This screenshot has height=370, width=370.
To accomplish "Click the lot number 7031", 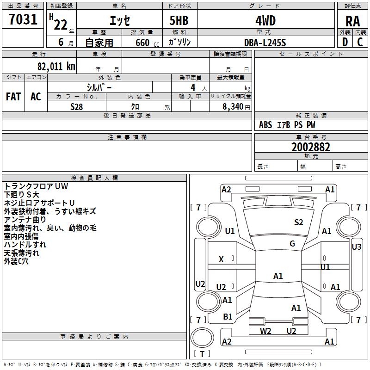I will (x=23, y=20).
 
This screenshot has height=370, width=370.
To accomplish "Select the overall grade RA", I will (x=352, y=21).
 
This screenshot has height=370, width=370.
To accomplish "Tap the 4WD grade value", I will (x=265, y=21).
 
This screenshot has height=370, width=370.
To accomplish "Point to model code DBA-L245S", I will (x=265, y=42).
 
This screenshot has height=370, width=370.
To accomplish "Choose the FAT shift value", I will (x=13, y=97).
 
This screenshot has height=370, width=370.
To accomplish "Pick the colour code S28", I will (x=77, y=106).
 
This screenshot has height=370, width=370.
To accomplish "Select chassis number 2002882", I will (x=311, y=148).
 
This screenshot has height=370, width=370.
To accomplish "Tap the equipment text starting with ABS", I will (x=287, y=125).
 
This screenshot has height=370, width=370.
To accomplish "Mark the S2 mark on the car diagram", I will (x=299, y=222).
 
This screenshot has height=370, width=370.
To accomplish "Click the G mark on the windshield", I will (x=292, y=244).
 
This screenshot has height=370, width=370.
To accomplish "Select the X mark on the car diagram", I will (x=221, y=259).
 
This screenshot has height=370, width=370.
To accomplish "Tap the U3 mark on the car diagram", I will (x=356, y=247).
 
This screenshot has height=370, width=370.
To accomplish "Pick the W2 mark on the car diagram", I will (x=265, y=331).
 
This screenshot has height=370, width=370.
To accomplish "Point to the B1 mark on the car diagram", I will (x=228, y=317).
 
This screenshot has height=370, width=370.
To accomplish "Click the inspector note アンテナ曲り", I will (x=25, y=219).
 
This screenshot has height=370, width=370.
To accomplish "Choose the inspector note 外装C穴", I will (x=16, y=261).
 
